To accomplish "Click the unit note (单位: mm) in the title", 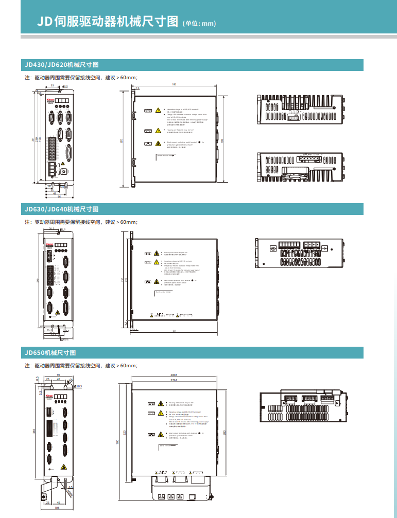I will [199, 23].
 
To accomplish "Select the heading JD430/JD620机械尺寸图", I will [61, 65].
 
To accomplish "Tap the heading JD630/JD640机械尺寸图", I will [61, 209].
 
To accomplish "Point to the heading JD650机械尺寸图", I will [50, 353].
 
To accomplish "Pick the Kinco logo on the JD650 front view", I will [50, 396].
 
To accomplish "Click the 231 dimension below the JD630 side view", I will [175, 330].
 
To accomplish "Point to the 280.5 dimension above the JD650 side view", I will [174, 375].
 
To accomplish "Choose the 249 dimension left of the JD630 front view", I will [38, 280].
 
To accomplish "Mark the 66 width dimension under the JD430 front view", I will [59, 197].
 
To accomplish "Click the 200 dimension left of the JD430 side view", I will [122, 140].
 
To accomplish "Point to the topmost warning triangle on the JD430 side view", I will [158, 110].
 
